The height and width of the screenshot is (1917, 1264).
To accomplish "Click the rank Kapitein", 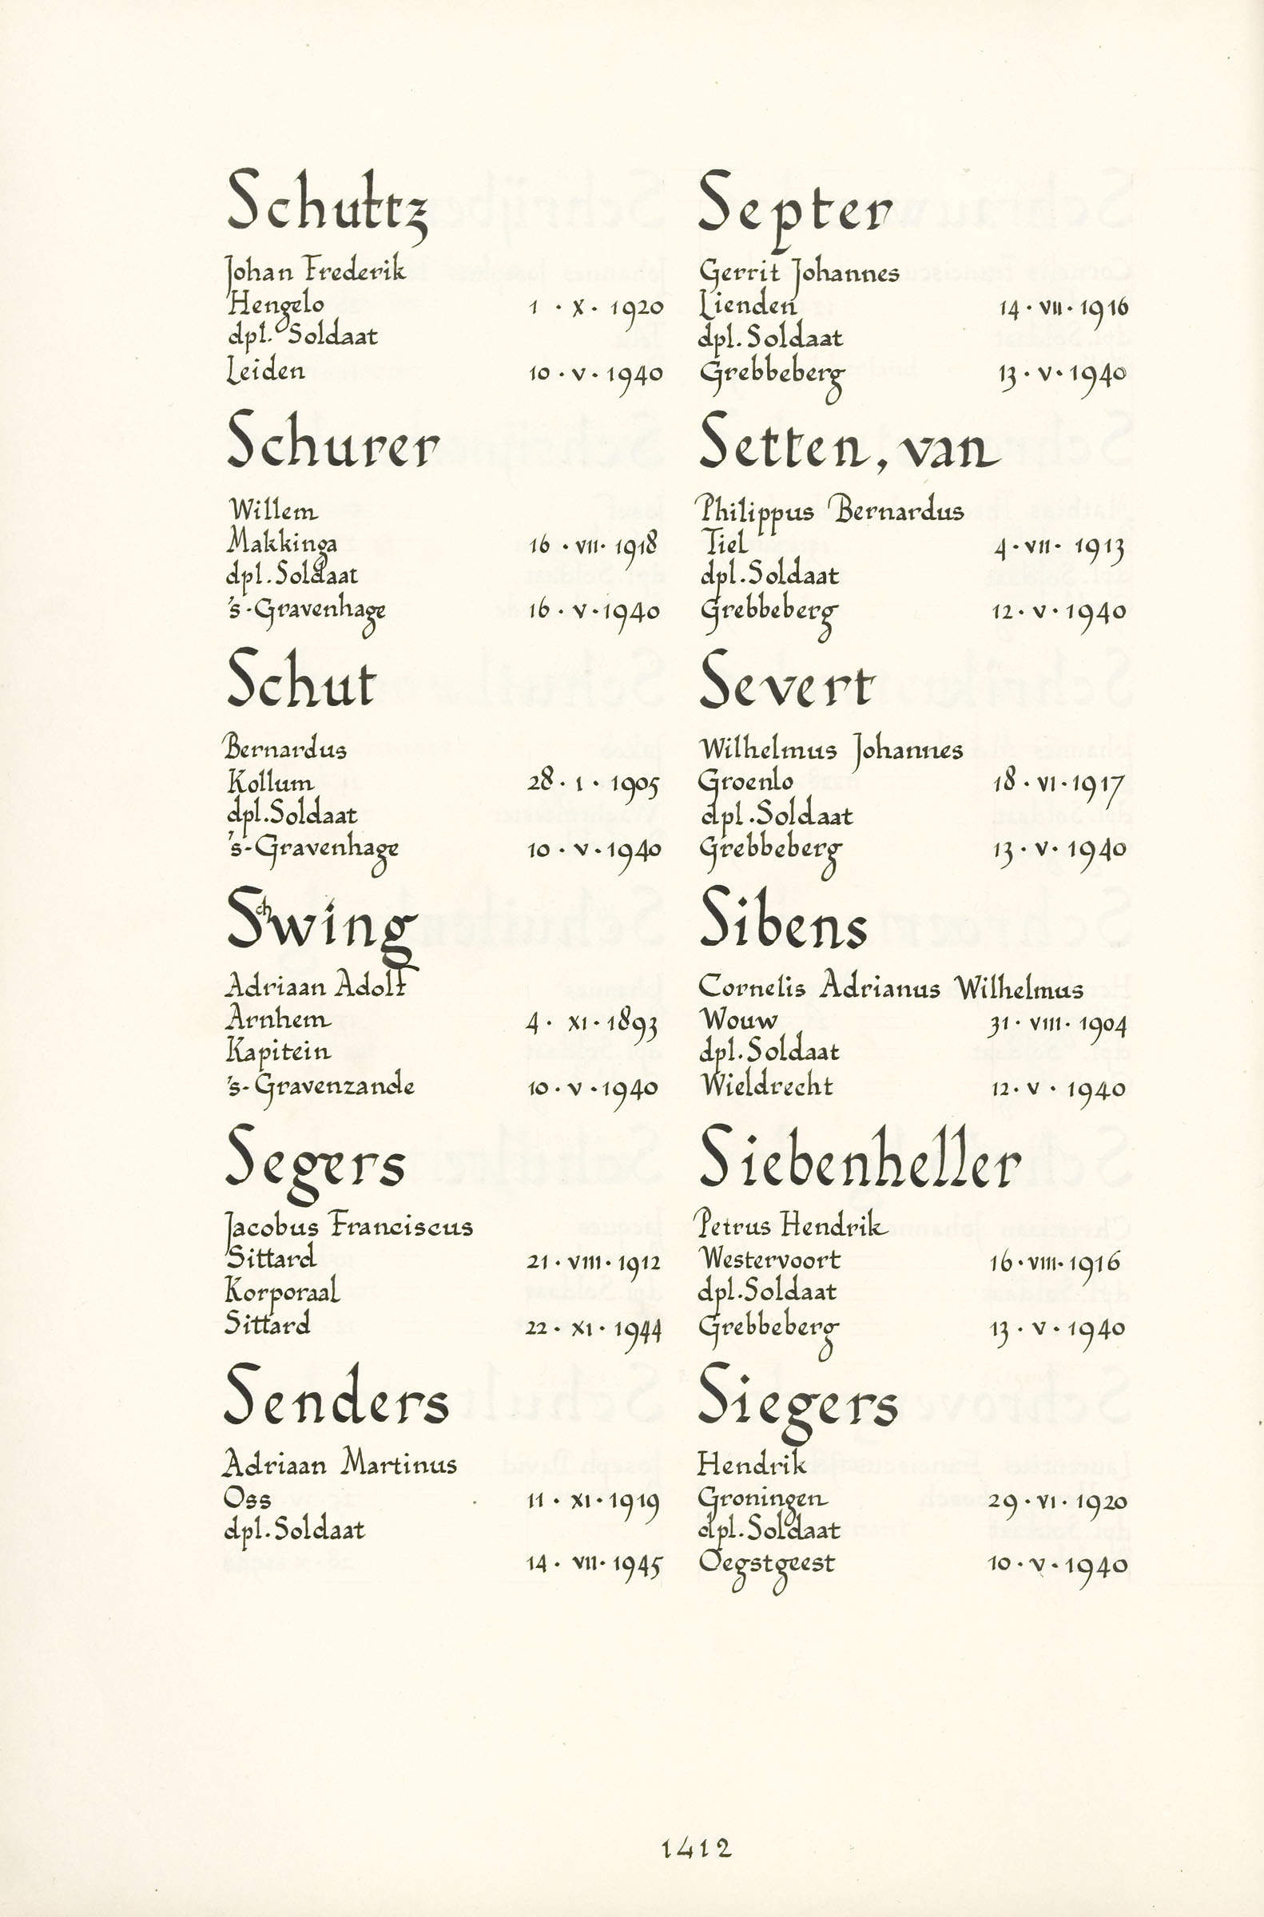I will point(278,1053).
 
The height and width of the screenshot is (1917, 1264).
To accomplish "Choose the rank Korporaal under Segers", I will point(282,1291).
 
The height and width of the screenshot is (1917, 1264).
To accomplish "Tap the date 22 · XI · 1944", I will point(594,1328).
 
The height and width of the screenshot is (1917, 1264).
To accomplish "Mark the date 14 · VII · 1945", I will point(594,1564).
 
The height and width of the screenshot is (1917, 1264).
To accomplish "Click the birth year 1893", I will point(633,1025).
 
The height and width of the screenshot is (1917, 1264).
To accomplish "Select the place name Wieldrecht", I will point(765,1086).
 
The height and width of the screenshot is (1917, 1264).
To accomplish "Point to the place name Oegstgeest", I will point(765,1564).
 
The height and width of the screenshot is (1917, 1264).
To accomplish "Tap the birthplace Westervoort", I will point(770,1258).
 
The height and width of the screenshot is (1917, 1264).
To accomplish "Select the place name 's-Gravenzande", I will point(320,1086).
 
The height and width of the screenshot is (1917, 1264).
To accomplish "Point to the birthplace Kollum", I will point(271,782).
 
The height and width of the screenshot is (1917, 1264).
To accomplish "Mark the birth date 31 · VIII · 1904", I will point(1057,1023).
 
